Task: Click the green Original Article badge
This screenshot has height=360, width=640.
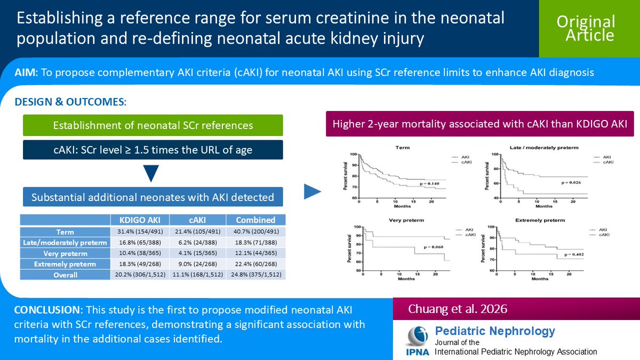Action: [586, 28]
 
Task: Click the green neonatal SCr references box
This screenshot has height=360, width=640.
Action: [153, 126]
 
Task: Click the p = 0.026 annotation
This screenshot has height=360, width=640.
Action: [571, 182]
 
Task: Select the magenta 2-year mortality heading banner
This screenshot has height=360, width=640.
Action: [480, 124]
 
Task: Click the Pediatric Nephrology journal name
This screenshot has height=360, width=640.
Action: [495, 331]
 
